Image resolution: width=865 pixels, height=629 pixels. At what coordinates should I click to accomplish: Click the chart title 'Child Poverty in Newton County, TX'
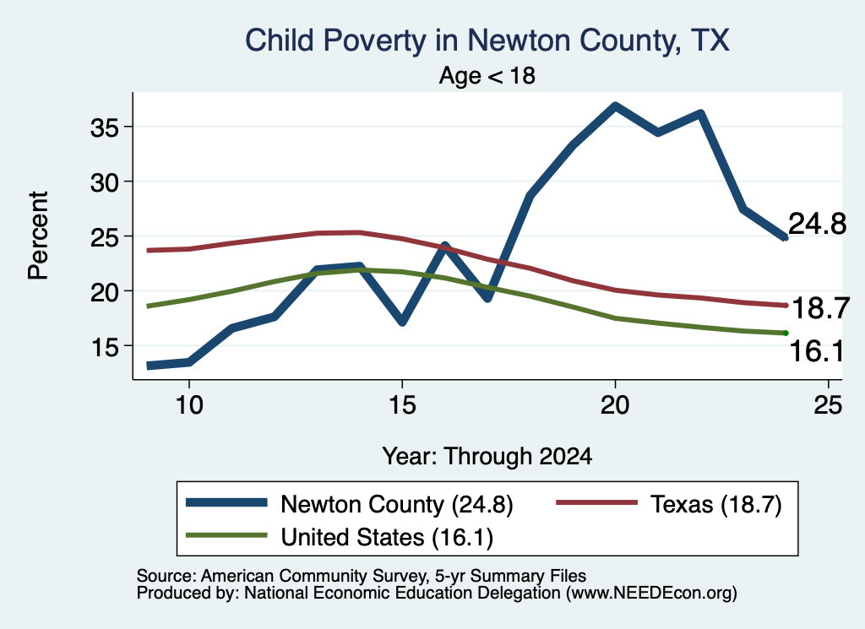point(487,41)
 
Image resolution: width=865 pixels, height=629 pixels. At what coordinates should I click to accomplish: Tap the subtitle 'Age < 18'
point(487,75)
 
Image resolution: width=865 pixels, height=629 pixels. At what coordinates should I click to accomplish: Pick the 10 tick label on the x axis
point(189,405)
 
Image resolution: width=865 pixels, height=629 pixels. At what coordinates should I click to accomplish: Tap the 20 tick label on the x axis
point(615,405)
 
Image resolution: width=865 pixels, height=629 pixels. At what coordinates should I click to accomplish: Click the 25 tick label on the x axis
point(828,405)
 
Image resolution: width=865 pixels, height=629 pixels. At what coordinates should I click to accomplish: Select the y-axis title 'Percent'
point(39,236)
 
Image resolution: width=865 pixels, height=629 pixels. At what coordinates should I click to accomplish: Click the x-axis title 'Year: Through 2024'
point(487,457)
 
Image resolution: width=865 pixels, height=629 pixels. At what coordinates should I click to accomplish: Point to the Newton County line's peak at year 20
point(615,106)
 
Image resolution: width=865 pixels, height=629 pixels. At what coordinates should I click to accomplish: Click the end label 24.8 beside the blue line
point(817,225)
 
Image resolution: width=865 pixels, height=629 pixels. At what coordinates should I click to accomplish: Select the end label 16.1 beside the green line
point(817,352)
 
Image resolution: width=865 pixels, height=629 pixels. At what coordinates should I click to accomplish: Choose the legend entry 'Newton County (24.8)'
point(350,504)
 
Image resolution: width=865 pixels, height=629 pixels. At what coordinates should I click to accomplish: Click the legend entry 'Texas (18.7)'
point(669,504)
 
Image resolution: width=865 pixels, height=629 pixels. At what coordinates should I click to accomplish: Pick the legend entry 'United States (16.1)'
point(340,537)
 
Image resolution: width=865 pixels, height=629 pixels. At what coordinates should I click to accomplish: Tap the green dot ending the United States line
point(786,333)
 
